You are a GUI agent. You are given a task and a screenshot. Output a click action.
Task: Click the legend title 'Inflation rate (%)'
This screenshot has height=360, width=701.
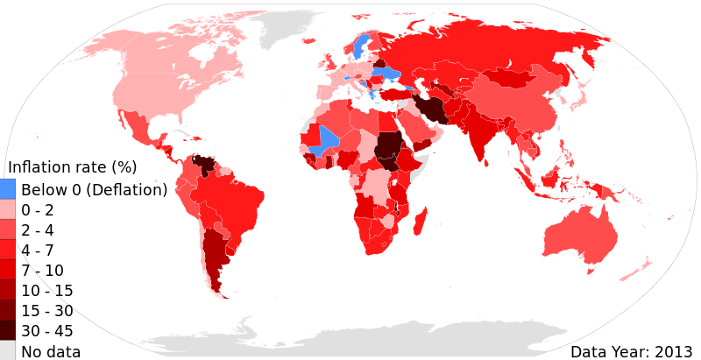(x=72, y=167)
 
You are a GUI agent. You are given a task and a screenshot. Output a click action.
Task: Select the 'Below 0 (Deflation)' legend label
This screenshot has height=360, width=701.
(x=94, y=190)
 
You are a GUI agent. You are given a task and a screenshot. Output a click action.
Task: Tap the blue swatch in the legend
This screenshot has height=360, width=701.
(x=7, y=189)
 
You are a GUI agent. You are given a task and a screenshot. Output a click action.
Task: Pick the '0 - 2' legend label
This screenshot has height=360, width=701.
(x=38, y=210)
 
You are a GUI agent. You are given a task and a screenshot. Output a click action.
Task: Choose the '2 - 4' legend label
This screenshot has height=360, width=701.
(x=38, y=230)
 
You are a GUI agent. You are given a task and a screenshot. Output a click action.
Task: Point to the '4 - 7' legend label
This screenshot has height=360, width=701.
(x=38, y=251)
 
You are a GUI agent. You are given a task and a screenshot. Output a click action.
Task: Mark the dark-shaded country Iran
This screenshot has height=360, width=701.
(x=430, y=110)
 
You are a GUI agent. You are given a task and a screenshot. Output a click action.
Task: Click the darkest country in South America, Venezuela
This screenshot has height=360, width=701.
(x=205, y=165)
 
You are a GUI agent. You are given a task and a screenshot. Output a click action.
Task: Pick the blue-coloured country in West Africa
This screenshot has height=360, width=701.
(x=329, y=139)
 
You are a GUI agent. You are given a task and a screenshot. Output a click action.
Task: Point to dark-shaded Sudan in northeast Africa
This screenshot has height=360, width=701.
(x=386, y=149)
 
